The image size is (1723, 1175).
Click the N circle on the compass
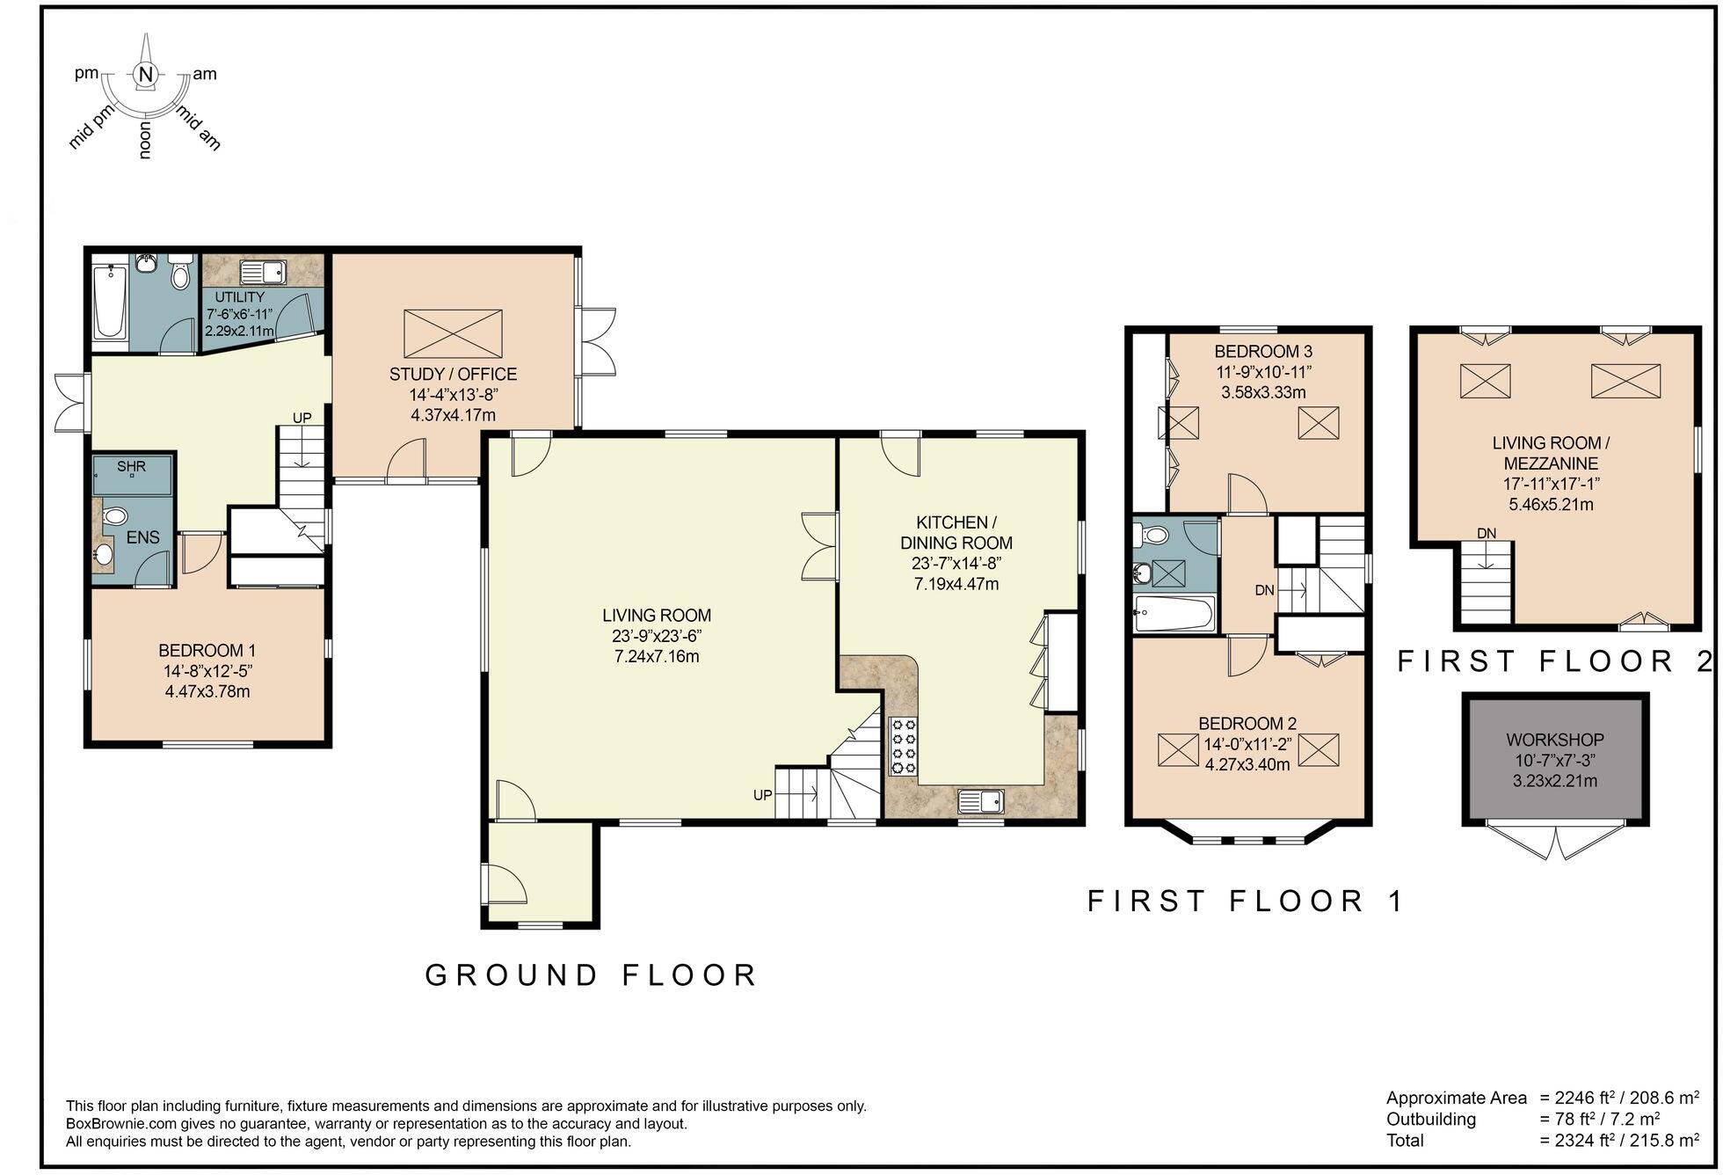pyautogui.click(x=146, y=75)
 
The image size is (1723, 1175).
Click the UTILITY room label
pyautogui.click(x=239, y=297)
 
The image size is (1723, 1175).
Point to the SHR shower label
pyautogui.click(x=131, y=466)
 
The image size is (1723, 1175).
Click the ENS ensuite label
pyautogui.click(x=142, y=536)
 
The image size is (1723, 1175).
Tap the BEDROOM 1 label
pyautogui.click(x=207, y=651)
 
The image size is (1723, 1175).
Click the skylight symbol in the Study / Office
pyautogui.click(x=453, y=333)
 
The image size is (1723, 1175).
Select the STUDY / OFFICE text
pyautogui.click(x=453, y=375)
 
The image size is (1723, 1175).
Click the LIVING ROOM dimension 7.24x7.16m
pyautogui.click(x=657, y=657)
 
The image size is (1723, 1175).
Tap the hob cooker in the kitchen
pyautogui.click(x=904, y=746)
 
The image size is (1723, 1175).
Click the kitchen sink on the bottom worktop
pyautogui.click(x=980, y=800)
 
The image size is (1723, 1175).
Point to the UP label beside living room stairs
pyautogui.click(x=762, y=795)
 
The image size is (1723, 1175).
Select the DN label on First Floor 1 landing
pyautogui.click(x=1264, y=590)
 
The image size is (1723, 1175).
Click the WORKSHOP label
pyautogui.click(x=1554, y=741)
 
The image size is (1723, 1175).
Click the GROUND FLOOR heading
pyautogui.click(x=591, y=974)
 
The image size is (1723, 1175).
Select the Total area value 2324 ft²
pyautogui.click(x=1578, y=1141)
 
